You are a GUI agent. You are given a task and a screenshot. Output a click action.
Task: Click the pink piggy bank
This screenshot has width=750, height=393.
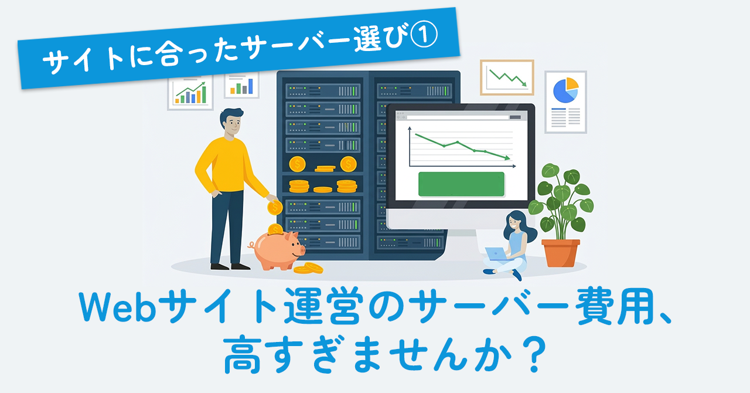click(277, 250)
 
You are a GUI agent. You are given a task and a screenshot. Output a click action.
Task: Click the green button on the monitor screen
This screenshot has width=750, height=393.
click(461, 184)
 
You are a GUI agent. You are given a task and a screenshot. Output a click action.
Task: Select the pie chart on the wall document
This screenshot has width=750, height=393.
click(565, 90)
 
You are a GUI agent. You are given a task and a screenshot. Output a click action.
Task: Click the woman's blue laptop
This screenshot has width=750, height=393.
click(496, 254)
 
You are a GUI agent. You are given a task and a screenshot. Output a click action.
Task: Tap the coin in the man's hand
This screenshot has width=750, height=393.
click(275, 208)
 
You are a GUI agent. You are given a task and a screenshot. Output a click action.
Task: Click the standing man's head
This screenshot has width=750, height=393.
click(231, 121)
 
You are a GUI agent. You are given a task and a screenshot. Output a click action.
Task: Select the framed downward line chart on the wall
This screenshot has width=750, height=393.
click(507, 78)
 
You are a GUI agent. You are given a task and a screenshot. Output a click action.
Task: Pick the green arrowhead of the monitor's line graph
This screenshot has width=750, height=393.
click(507, 158)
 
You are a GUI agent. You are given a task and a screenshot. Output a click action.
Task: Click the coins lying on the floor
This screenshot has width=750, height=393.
click(308, 268)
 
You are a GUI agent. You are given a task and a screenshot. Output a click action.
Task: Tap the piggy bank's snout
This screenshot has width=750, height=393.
click(301, 250)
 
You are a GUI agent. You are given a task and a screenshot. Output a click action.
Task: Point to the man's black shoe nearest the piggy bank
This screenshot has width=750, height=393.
click(240, 266)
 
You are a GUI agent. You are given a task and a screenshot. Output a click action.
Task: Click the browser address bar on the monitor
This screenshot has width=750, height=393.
click(458, 117)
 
